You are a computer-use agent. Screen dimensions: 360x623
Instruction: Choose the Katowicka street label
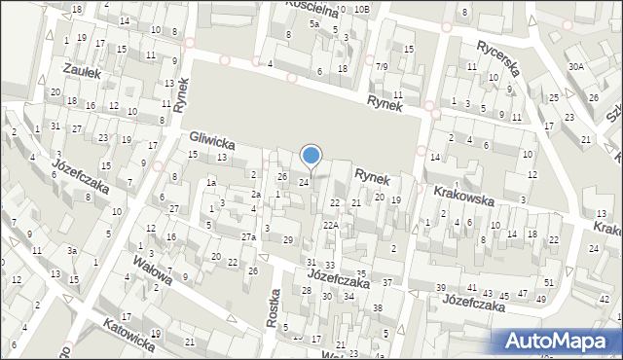tap(128, 332)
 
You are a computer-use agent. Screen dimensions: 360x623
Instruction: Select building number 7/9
tap(382, 66)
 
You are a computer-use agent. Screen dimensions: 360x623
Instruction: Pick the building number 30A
tap(576, 66)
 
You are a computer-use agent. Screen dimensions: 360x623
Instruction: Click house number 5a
tap(314, 23)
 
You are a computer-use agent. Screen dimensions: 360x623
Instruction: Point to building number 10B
tap(361, 9)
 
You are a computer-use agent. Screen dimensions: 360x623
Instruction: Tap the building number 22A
tap(331, 226)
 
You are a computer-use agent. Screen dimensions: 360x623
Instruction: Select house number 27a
tap(249, 237)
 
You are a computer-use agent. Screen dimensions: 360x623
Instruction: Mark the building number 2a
tap(256, 195)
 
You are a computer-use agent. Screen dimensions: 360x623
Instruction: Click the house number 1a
tap(210, 182)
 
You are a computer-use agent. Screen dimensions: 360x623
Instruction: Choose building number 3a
tap(72, 251)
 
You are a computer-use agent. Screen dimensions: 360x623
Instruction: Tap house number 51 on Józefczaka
tap(549, 282)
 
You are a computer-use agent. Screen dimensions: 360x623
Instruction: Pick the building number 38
tap(377, 307)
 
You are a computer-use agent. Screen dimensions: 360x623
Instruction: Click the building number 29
tap(287, 239)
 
